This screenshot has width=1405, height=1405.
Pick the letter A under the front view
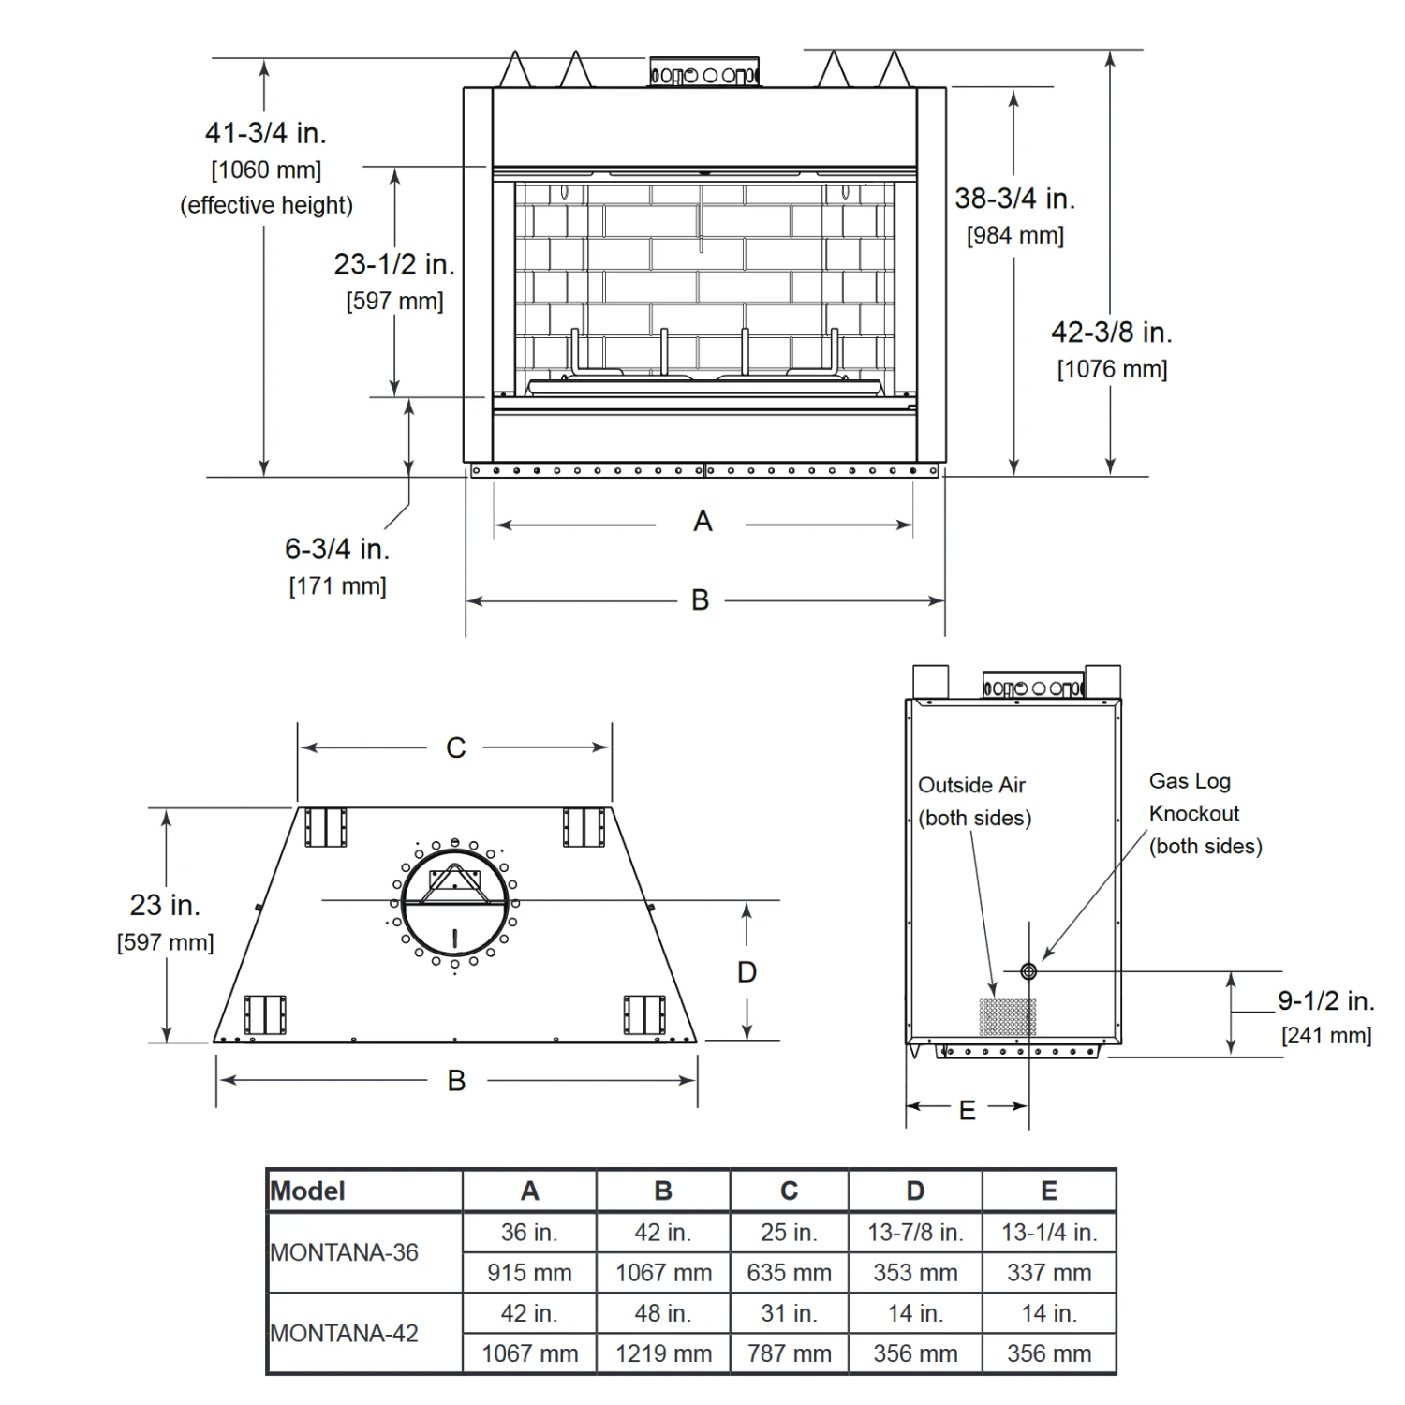click(702, 521)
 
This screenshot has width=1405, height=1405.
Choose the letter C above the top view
click(456, 747)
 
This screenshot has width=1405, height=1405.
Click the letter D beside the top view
click(747, 972)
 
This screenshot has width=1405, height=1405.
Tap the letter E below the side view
click(968, 1110)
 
